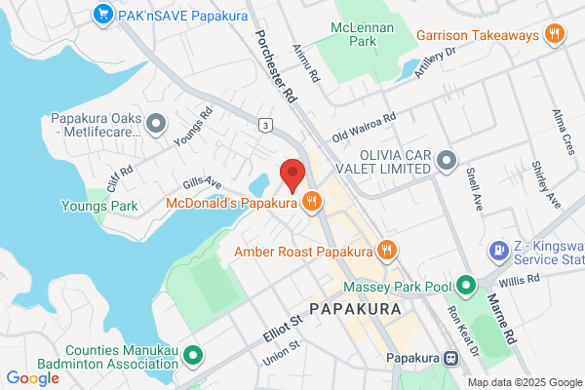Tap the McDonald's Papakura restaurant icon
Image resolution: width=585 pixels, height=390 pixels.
(x=312, y=203)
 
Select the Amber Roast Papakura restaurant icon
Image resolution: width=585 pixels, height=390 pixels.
(x=387, y=250)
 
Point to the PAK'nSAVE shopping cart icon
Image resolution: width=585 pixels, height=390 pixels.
(x=102, y=14)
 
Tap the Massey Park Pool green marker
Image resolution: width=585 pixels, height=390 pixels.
(x=466, y=287)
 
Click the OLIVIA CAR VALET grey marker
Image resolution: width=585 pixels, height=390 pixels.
(x=447, y=159)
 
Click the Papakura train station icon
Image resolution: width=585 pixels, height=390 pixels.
(x=450, y=358)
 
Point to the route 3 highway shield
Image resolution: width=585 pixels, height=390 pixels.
(x=264, y=125)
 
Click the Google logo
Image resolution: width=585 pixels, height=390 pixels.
(x=32, y=377)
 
